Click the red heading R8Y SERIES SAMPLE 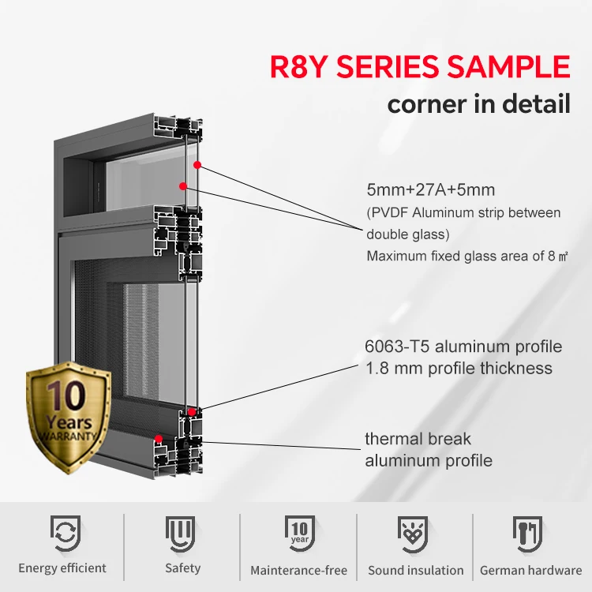click(x=419, y=66)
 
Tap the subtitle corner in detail click(x=478, y=103)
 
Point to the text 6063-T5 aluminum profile click(x=463, y=347)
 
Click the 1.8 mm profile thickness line click(x=458, y=368)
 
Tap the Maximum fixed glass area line click(x=467, y=256)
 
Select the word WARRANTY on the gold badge click(x=69, y=435)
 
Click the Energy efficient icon click(x=62, y=534)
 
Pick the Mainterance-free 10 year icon click(x=298, y=534)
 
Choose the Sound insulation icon click(x=415, y=534)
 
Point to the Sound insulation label click(x=416, y=570)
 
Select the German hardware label click(x=530, y=570)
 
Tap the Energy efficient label click(x=62, y=568)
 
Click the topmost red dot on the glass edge click(x=197, y=165)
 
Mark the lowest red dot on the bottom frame click(x=159, y=439)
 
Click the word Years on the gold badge click(x=69, y=420)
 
